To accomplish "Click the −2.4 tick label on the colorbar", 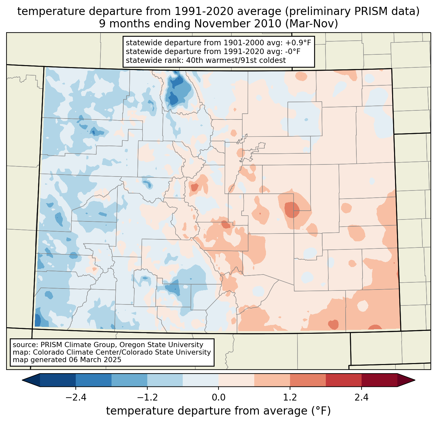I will coord(75,398).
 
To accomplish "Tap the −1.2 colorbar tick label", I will coord(147,398).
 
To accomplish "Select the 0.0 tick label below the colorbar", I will coord(218,398).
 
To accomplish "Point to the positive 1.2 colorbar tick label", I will coord(290,398).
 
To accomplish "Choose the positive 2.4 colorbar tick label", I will coord(362,398).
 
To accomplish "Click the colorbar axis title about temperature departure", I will coord(218,411).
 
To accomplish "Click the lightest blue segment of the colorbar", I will coord(201,380).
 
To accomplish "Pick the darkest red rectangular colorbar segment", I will coord(379,380).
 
